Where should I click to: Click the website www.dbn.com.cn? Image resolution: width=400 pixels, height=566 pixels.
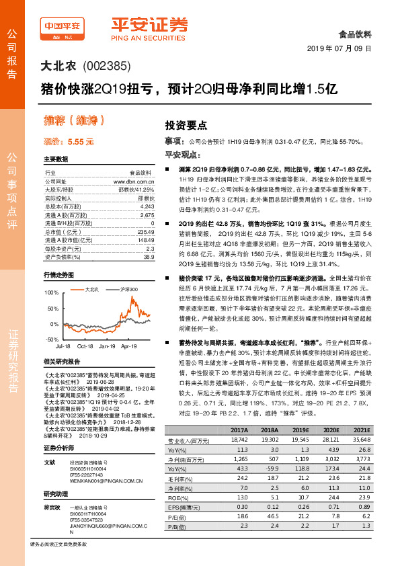(x=133, y=181)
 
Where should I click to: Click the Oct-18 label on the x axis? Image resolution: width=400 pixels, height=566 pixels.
(x=85, y=346)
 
